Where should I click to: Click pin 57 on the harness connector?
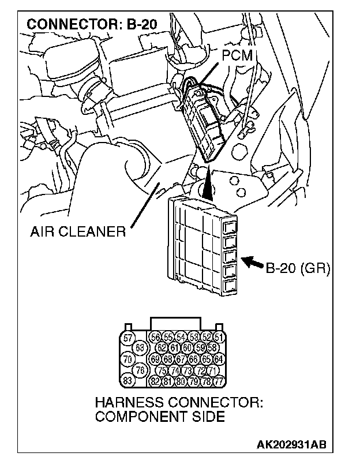coord(129,338)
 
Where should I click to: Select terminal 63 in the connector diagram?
coord(140,348)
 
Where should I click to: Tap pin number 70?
coord(129,359)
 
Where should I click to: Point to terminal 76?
coord(140,370)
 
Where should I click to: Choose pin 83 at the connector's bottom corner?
coord(129,381)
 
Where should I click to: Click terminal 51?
coord(219,338)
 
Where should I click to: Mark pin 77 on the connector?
coord(219,381)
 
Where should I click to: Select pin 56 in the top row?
coord(155,338)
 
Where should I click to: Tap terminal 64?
coord(219,359)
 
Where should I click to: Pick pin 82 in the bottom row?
coord(155,381)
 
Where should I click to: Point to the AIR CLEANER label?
coord(78,233)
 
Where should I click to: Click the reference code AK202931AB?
coord(291,445)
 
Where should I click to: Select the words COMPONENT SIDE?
coord(160,416)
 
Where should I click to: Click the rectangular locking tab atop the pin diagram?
coord(175,323)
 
